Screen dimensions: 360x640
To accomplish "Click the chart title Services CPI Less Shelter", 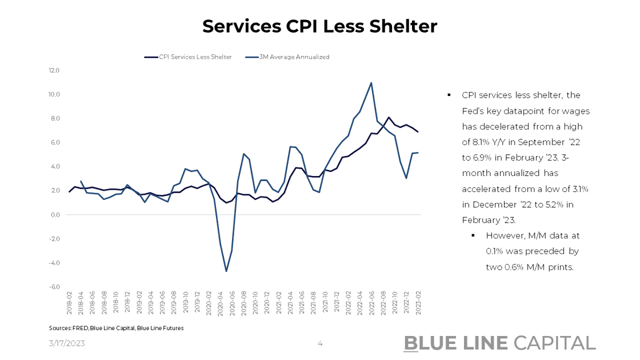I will tap(319, 26).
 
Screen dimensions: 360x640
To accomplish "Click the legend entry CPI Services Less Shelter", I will tap(195, 57).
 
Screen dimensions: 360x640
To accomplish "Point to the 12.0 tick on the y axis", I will tap(54, 70).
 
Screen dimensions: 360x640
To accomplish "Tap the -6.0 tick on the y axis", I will tap(54, 287).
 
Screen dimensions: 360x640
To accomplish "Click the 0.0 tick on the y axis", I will tap(55, 215).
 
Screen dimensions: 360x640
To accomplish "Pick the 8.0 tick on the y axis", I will tap(55, 118).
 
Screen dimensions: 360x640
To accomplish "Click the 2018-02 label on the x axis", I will tap(70, 303).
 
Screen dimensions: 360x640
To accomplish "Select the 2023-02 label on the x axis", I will tap(418, 303).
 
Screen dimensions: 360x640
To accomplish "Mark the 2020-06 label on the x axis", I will tap(232, 303).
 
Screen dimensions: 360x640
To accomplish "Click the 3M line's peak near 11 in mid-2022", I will tap(371, 83).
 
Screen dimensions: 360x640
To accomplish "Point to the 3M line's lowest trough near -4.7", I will tap(226, 271).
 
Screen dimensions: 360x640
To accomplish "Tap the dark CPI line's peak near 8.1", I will tap(389, 117).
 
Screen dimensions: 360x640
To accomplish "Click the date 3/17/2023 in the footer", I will tap(66, 343).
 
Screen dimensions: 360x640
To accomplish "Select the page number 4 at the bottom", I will tap(320, 343).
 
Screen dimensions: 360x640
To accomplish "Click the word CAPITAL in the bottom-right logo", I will tap(554, 343).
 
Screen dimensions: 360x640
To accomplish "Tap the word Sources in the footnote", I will tap(59, 329).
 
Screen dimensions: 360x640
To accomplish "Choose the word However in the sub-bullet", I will tap(503, 235).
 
